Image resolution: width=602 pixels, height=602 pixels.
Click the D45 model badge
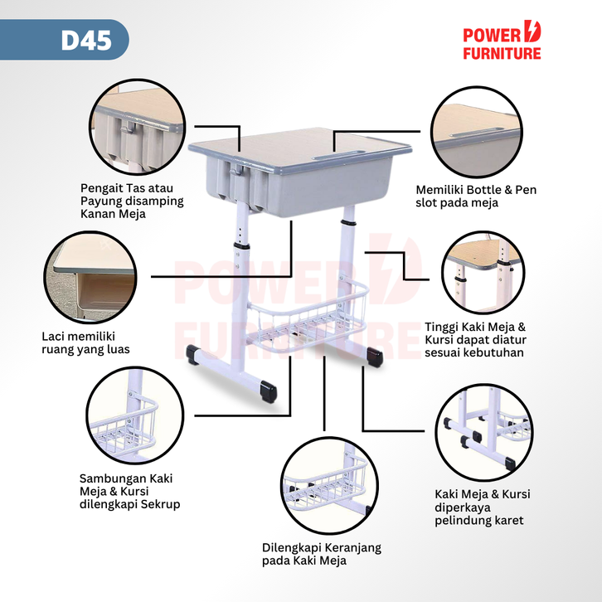click(x=86, y=41)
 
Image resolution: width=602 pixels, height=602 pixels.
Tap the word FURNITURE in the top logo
click(x=502, y=53)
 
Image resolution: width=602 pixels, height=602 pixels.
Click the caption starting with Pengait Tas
click(x=132, y=201)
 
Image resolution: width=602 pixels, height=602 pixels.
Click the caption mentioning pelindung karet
click(x=482, y=507)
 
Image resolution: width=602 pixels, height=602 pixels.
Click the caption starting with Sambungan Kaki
click(x=129, y=491)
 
